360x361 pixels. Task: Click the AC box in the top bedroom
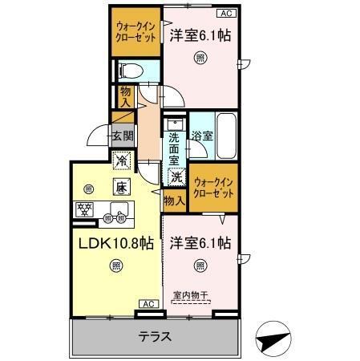coord(228,14)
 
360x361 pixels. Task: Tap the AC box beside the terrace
coord(148,304)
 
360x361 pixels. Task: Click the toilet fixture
coord(131,72)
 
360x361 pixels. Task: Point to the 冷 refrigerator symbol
coord(121,160)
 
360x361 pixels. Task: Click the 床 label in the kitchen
coord(120,187)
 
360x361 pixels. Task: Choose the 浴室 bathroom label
coord(201,136)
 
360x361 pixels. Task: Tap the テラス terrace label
coord(155,336)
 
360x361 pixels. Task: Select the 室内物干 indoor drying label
coord(190,295)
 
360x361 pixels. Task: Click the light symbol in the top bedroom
coord(200,57)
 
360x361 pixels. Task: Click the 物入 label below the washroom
coord(173,198)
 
